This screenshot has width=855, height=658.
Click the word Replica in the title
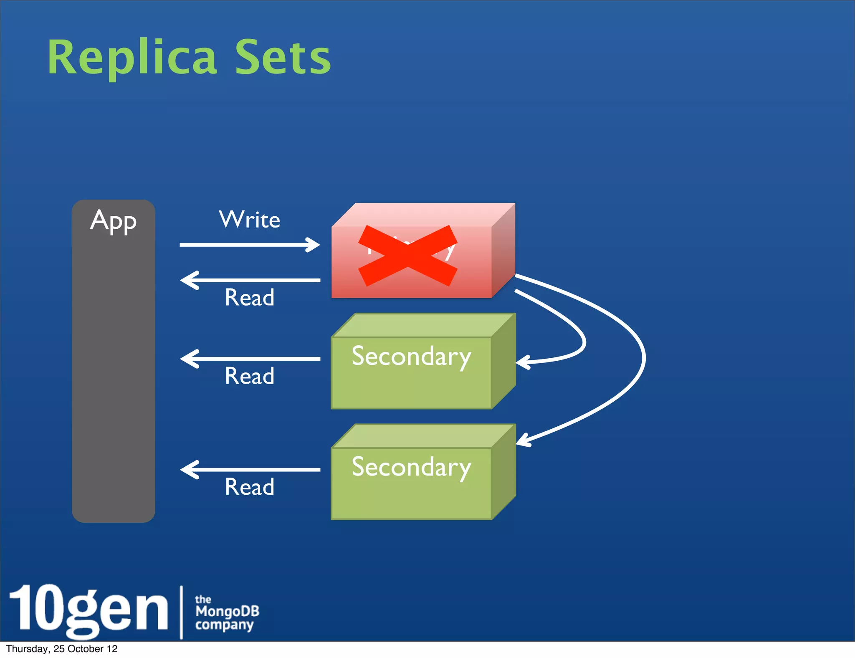pos(132,58)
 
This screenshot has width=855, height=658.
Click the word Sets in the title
pos(283,58)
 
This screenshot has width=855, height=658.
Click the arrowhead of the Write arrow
pos(314,245)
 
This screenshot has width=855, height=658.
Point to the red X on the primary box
pos(408,256)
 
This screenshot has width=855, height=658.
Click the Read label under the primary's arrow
pos(250,297)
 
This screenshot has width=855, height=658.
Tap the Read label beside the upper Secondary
pos(250,376)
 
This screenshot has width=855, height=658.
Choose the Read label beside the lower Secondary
pos(250,486)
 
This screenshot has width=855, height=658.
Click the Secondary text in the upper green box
pos(411,357)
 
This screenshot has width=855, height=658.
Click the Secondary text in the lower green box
pos(411,467)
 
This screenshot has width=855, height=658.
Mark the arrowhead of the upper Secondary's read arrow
pos(187,359)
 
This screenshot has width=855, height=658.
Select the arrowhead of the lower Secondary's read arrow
pos(187,469)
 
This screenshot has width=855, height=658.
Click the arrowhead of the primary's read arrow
pos(187,280)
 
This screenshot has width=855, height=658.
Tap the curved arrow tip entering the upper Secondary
pos(521,362)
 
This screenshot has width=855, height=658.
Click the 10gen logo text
pos(88,610)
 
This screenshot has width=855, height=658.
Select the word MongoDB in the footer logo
pos(227,611)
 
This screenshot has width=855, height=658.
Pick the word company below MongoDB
pos(224,625)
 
